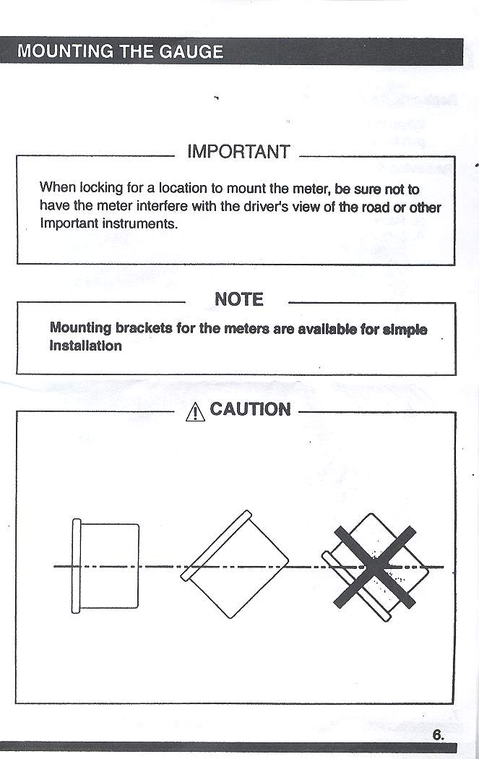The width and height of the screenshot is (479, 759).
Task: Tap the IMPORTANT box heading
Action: coord(238,153)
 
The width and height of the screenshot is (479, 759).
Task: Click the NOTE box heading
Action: coord(238,299)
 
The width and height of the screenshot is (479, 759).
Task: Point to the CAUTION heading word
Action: coord(250,410)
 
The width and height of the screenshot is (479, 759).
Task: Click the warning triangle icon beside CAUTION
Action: coord(195,412)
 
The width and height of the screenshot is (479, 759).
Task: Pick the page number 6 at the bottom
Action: coord(437,735)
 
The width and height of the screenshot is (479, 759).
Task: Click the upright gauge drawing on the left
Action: coord(106,565)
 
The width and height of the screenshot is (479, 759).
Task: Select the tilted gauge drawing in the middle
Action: coord(235,564)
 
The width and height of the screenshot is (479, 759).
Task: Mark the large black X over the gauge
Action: coord(374,566)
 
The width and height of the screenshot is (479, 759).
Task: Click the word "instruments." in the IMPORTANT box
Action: coord(139,224)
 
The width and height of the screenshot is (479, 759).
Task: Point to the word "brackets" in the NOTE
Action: coord(144,328)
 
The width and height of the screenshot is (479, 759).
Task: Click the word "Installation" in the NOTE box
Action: coord(85,346)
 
